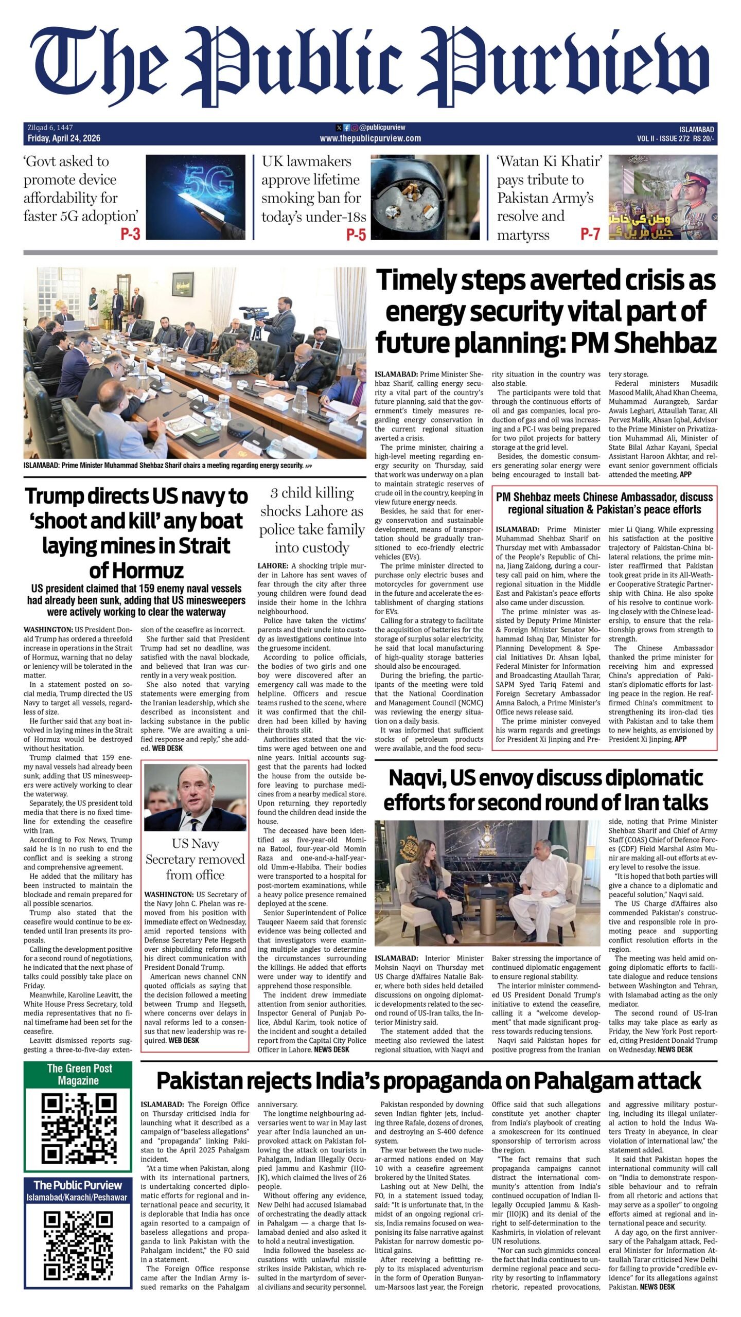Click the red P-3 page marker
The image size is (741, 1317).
(x=130, y=235)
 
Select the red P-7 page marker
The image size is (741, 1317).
(x=590, y=235)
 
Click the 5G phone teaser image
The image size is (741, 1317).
(x=196, y=197)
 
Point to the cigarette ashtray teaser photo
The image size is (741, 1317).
(x=425, y=197)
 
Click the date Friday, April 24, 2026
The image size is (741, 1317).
(x=64, y=138)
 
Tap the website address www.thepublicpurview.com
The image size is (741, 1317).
(x=370, y=138)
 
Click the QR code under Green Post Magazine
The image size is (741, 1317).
(x=78, y=1136)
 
